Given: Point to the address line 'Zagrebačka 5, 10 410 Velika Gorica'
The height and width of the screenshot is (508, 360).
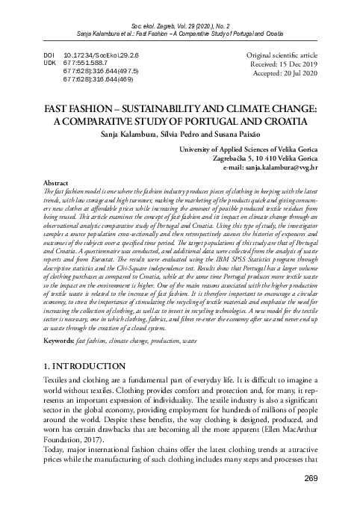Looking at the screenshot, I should coord(276,160).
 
